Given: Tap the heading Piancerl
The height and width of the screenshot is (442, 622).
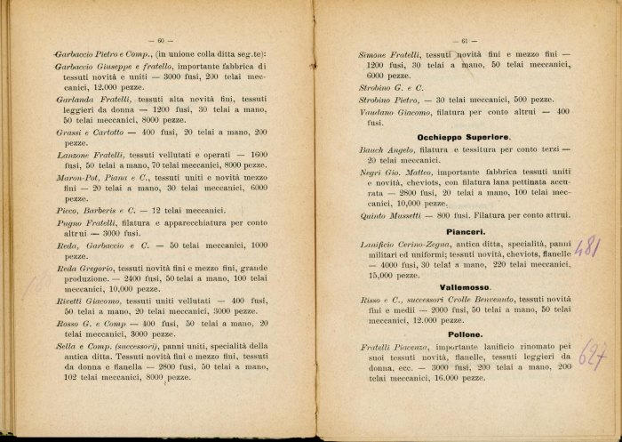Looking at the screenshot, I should (465, 230).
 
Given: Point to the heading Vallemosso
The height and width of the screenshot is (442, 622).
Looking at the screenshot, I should (465, 287).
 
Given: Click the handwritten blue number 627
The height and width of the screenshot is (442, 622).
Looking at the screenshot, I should (591, 356).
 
